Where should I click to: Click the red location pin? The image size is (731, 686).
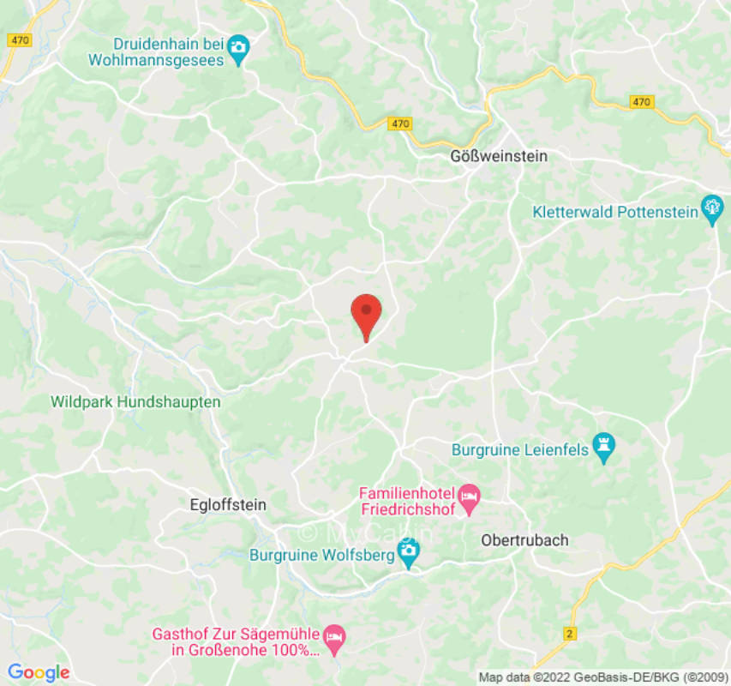click(367, 315)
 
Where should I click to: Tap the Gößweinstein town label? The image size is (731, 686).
click(499, 156)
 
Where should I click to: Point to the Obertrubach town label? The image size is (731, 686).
click(524, 540)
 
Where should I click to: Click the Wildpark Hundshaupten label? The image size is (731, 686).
click(135, 401)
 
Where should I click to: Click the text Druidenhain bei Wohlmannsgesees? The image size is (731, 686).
click(156, 52)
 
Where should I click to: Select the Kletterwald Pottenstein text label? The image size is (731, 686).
click(614, 212)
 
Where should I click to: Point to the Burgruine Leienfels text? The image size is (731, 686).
click(521, 448)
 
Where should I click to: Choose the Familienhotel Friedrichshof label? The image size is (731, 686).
click(407, 501)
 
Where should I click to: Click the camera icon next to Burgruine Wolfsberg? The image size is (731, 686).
click(409, 555)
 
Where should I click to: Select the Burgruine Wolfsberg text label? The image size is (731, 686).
click(321, 555)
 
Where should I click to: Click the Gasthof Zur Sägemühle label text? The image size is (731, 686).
click(236, 642)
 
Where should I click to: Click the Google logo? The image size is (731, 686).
click(38, 673)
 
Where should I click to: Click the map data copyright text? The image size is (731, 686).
click(603, 677)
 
